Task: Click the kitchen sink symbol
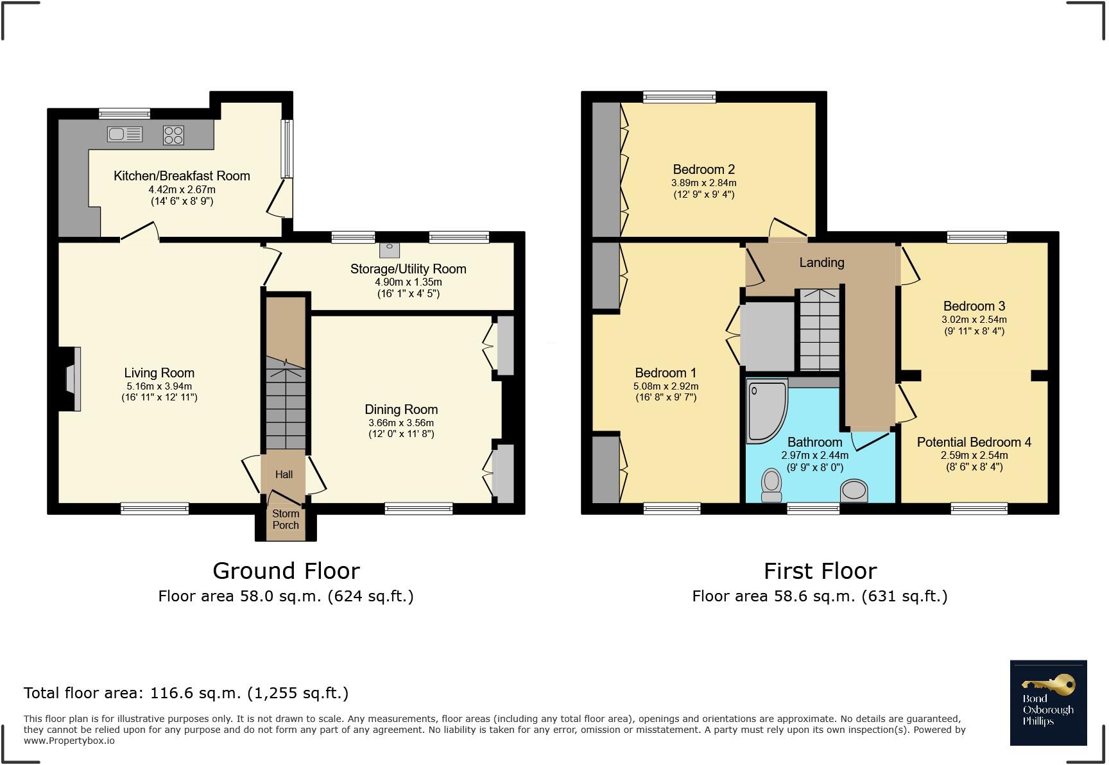(x=125, y=134)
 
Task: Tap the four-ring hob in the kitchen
(x=173, y=135)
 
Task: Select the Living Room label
(x=159, y=373)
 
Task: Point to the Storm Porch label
(x=286, y=519)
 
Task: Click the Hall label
(x=284, y=474)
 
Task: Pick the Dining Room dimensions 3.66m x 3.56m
(x=401, y=423)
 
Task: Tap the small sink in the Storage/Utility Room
(x=389, y=250)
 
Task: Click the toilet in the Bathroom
(x=771, y=486)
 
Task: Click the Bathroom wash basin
(x=854, y=491)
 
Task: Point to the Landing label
(x=821, y=262)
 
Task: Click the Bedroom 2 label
(x=703, y=169)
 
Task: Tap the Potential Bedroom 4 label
(x=974, y=442)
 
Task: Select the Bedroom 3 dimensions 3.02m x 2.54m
(x=974, y=320)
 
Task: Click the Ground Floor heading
(x=286, y=571)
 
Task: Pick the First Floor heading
(x=820, y=571)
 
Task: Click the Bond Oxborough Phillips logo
(x=1048, y=703)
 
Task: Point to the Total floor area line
(x=186, y=693)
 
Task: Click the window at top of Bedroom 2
(x=680, y=97)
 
